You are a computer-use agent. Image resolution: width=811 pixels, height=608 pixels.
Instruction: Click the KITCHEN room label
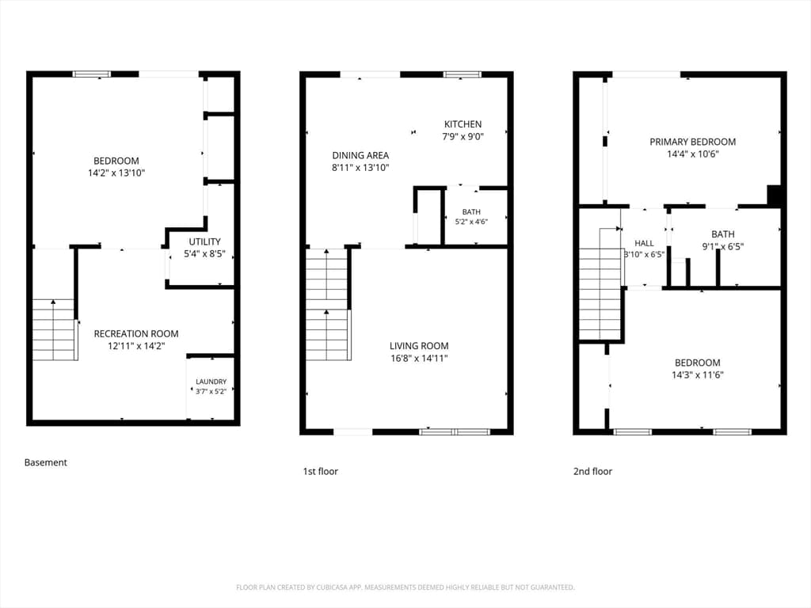click(x=463, y=124)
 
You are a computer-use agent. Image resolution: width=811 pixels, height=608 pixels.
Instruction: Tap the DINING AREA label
click(x=360, y=155)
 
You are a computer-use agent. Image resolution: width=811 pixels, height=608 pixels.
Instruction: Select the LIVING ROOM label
click(x=419, y=346)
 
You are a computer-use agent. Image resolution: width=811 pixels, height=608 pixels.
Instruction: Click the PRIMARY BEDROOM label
click(x=692, y=142)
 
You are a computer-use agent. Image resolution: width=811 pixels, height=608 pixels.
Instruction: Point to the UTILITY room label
click(x=205, y=241)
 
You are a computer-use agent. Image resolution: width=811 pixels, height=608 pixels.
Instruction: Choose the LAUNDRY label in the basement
click(x=211, y=382)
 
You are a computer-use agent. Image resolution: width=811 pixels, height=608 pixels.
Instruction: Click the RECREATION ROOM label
click(x=136, y=334)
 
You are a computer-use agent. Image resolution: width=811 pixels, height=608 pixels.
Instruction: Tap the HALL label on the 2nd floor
click(x=644, y=243)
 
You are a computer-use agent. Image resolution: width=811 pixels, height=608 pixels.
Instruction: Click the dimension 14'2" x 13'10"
click(x=116, y=173)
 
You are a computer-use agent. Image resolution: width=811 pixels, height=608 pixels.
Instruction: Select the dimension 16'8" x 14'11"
click(x=419, y=359)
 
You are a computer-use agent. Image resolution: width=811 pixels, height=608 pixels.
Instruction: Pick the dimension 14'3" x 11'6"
click(x=697, y=375)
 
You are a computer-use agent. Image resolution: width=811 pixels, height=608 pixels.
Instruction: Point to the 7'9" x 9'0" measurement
click(x=463, y=137)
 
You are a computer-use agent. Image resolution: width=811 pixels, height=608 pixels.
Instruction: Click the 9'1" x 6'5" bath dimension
click(x=722, y=247)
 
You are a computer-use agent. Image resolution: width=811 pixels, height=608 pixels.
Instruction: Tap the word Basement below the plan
click(x=45, y=462)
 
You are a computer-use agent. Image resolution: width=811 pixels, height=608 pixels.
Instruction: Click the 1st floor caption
click(x=320, y=472)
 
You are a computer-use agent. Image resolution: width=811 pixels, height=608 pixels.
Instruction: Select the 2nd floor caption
click(x=592, y=472)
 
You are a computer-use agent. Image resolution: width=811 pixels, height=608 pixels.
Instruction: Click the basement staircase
click(x=55, y=329)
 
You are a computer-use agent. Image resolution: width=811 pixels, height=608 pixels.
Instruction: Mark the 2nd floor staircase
click(x=600, y=283)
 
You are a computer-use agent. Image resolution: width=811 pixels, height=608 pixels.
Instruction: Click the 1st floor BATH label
click(x=471, y=212)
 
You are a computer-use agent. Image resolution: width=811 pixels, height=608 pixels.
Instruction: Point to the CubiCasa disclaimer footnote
click(x=405, y=587)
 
